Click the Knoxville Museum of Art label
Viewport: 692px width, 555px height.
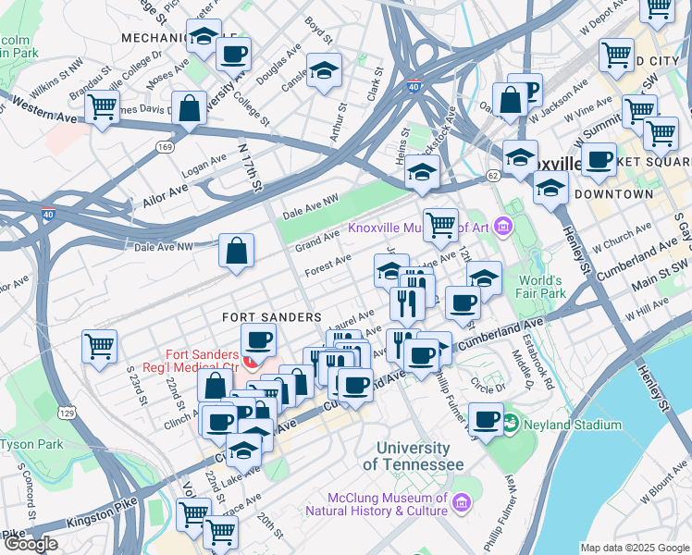(418, 228)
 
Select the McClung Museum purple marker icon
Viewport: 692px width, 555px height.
(461, 502)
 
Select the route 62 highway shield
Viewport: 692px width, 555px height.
(493, 174)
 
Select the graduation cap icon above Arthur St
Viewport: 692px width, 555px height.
(324, 70)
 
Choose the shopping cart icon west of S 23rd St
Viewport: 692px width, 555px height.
(99, 346)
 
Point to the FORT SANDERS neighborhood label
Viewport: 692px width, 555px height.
(271, 316)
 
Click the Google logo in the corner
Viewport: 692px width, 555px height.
(30, 544)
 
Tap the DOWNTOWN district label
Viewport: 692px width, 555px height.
(612, 194)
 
